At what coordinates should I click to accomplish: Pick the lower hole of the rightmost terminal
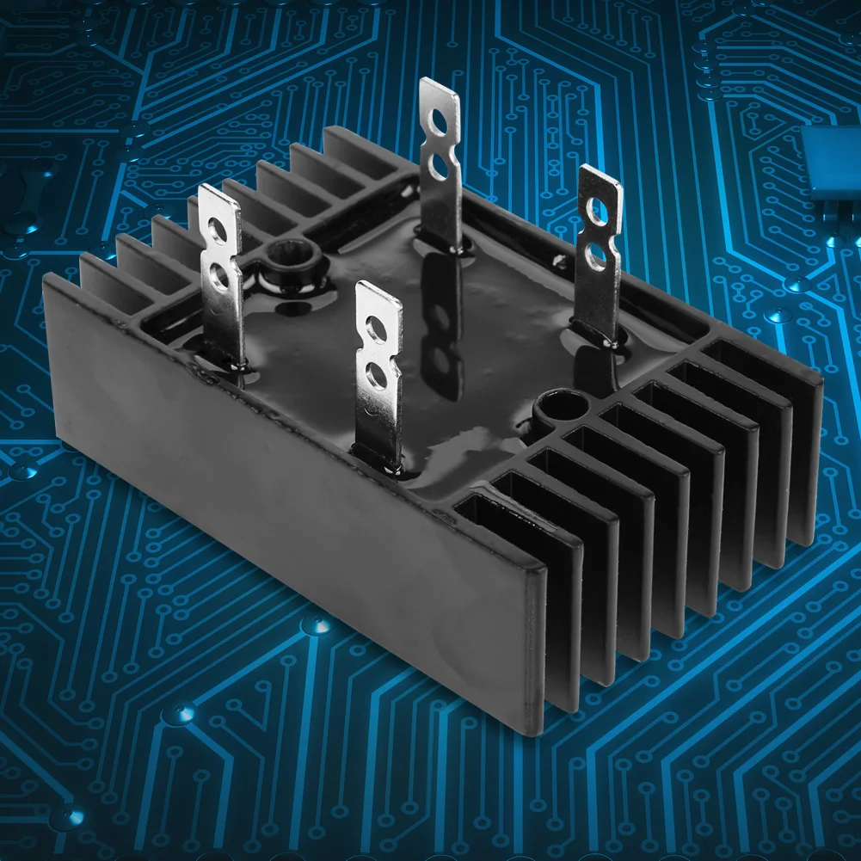595,254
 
